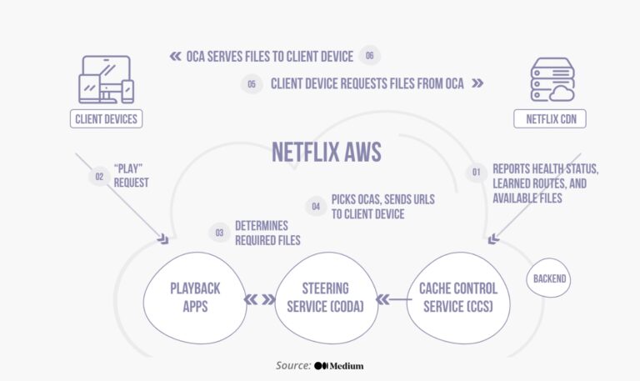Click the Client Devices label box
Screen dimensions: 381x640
point(106,119)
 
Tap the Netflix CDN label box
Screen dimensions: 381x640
point(550,119)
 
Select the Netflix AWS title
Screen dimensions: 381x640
point(326,152)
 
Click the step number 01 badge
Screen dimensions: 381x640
point(477,173)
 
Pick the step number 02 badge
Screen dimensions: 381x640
point(99,177)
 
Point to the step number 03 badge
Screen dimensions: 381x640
point(219,233)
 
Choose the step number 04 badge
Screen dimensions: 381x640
point(316,206)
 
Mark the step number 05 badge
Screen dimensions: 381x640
point(252,84)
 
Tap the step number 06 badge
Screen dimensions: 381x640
point(369,56)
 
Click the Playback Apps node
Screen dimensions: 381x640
point(195,298)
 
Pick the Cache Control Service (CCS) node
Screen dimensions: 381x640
point(457,298)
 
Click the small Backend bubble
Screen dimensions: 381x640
point(550,278)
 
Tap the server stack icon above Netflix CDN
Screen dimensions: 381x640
point(551,79)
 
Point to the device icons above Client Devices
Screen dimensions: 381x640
point(106,79)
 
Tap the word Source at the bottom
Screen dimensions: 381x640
point(292,366)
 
